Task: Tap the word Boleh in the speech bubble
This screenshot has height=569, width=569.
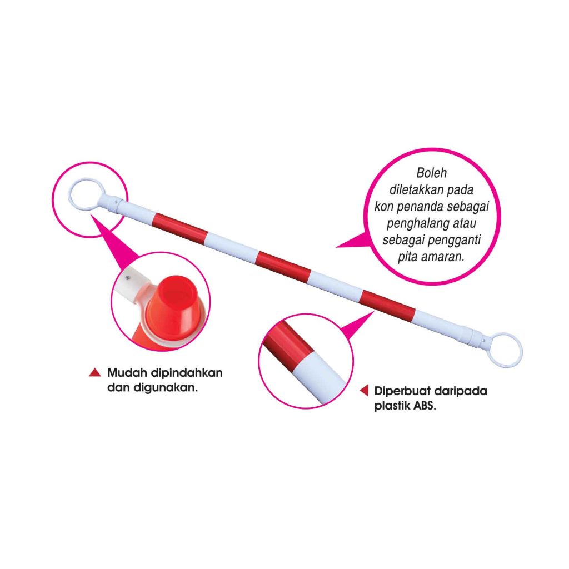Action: [431, 173]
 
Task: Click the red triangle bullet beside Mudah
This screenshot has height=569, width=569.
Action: [95, 373]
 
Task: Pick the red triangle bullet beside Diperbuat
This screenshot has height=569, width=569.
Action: [364, 391]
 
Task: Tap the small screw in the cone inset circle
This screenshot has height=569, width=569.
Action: [128, 278]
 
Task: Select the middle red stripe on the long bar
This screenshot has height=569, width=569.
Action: [283, 267]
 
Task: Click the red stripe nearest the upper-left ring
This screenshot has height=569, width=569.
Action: [179, 228]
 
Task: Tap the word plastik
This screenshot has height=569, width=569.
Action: [391, 405]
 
